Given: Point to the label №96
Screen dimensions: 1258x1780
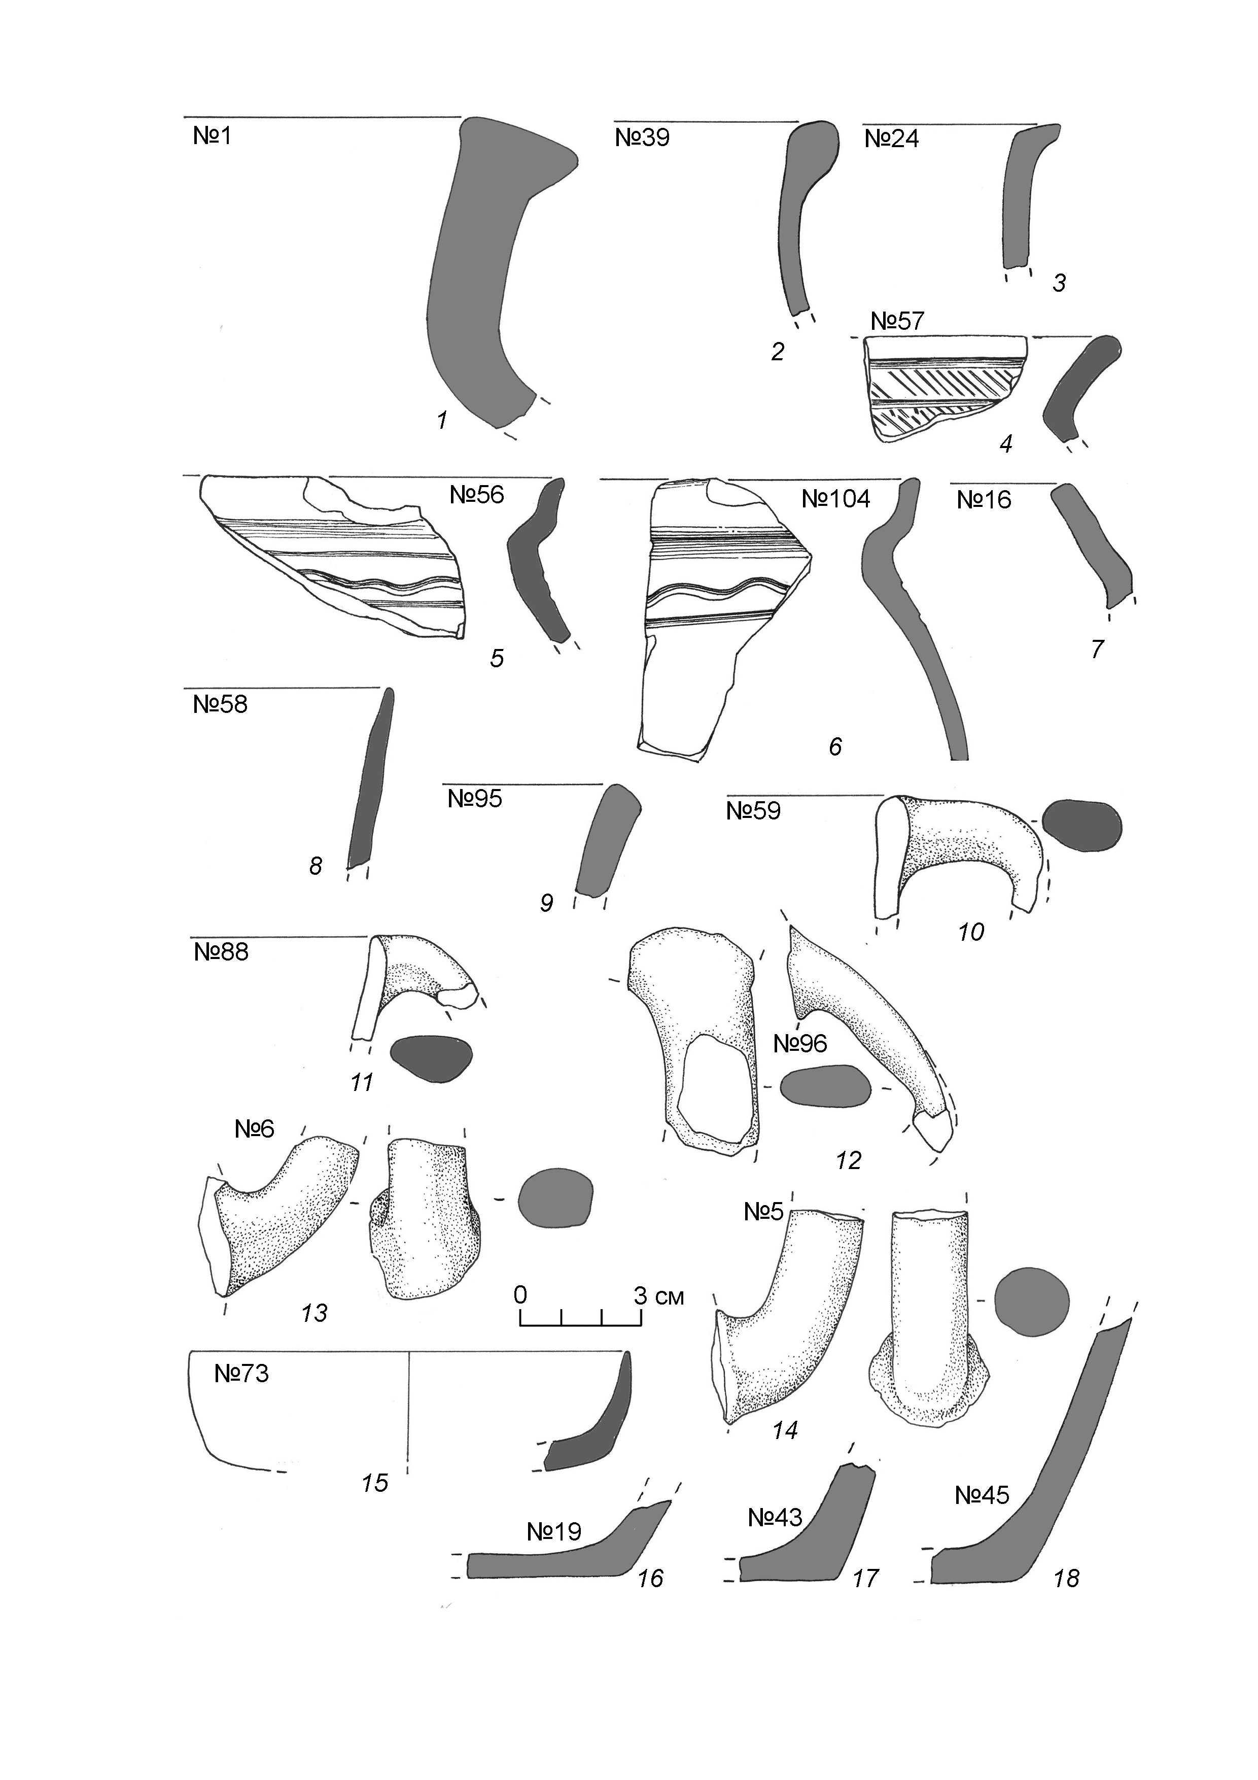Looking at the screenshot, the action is [x=800, y=1044].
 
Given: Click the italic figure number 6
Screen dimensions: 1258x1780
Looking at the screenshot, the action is [x=835, y=746].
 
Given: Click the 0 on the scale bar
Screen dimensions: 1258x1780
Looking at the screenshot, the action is [x=520, y=1295].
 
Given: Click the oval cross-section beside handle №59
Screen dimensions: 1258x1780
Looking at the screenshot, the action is [x=1081, y=827].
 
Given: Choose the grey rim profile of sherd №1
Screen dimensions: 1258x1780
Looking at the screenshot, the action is [x=496, y=271].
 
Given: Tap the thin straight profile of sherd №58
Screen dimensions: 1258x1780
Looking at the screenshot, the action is [x=370, y=777].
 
